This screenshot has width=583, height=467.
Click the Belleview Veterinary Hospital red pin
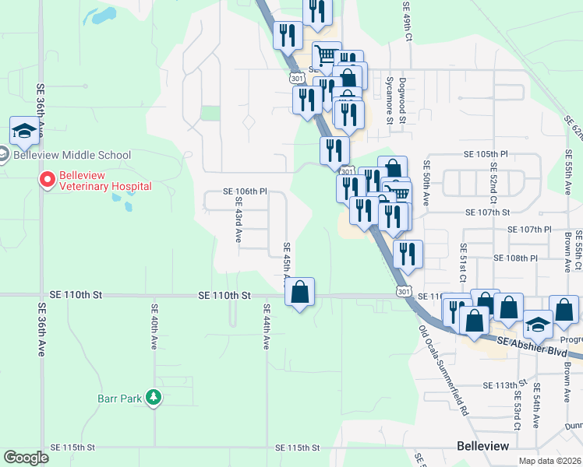point(47,181)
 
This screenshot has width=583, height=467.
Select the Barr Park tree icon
point(154,398)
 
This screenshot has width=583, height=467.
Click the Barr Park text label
point(120,399)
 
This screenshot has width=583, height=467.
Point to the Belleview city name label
point(482,446)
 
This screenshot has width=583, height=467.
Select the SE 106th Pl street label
point(245,191)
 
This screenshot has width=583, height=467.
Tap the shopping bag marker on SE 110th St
point(300,293)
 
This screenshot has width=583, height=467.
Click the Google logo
point(26,458)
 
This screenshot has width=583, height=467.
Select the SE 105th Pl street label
point(486,155)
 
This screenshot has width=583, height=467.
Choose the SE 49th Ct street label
point(407,16)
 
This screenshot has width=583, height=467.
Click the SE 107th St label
point(487,212)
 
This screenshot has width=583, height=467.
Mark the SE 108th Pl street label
point(516,258)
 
